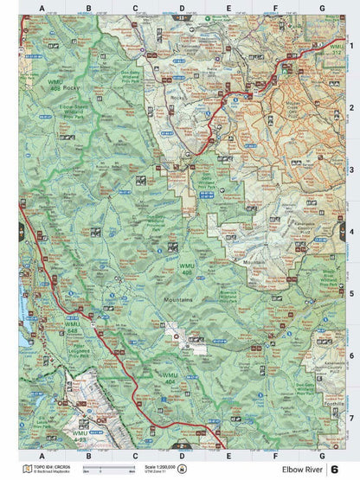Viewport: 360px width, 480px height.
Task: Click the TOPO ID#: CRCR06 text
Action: [47, 464]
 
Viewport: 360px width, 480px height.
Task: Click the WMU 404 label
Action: [171, 377]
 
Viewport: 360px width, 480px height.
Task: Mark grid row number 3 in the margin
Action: [350, 170]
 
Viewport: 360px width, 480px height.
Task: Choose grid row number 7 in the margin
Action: [350, 417]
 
